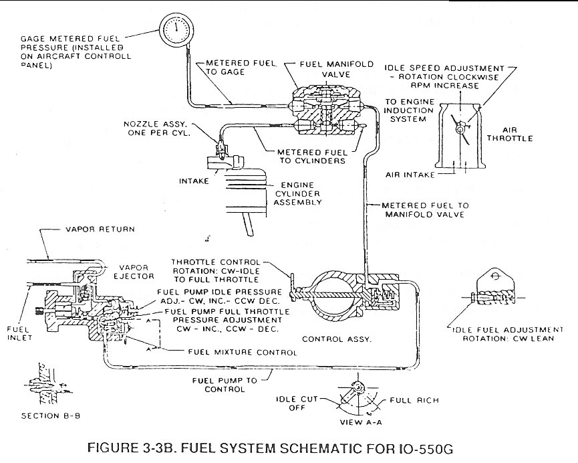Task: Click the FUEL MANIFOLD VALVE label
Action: (x=336, y=69)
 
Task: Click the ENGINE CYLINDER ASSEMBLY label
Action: (x=298, y=193)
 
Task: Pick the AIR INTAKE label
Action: (x=410, y=175)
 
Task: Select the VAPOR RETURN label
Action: (x=100, y=229)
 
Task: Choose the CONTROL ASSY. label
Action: (x=337, y=339)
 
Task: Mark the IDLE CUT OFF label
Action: (x=297, y=403)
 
